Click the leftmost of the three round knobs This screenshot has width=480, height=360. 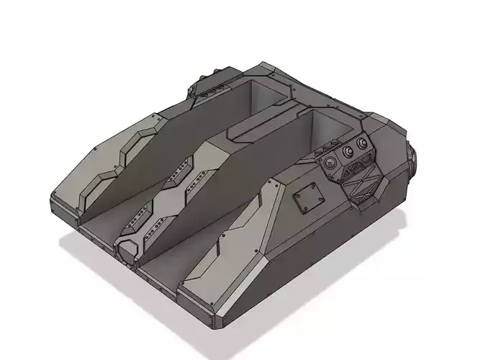pyautogui.click(x=332, y=162)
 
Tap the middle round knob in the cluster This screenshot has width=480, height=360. pyautogui.click(x=349, y=153)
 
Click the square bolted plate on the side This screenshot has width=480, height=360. pyautogui.click(x=308, y=198)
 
